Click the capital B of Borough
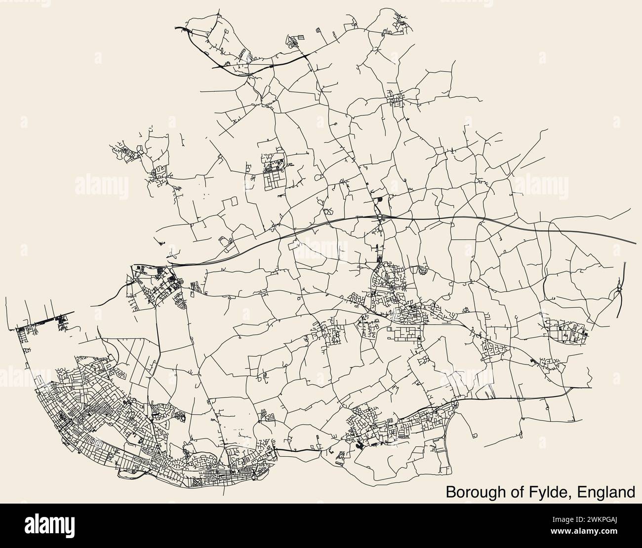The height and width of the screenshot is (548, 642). (x=451, y=492)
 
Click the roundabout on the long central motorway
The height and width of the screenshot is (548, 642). (x=379, y=217)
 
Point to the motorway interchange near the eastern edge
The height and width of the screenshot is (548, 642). (x=618, y=291)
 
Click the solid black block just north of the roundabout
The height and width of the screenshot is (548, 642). (x=379, y=200)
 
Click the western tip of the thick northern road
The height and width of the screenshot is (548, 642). (x=176, y=28)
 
